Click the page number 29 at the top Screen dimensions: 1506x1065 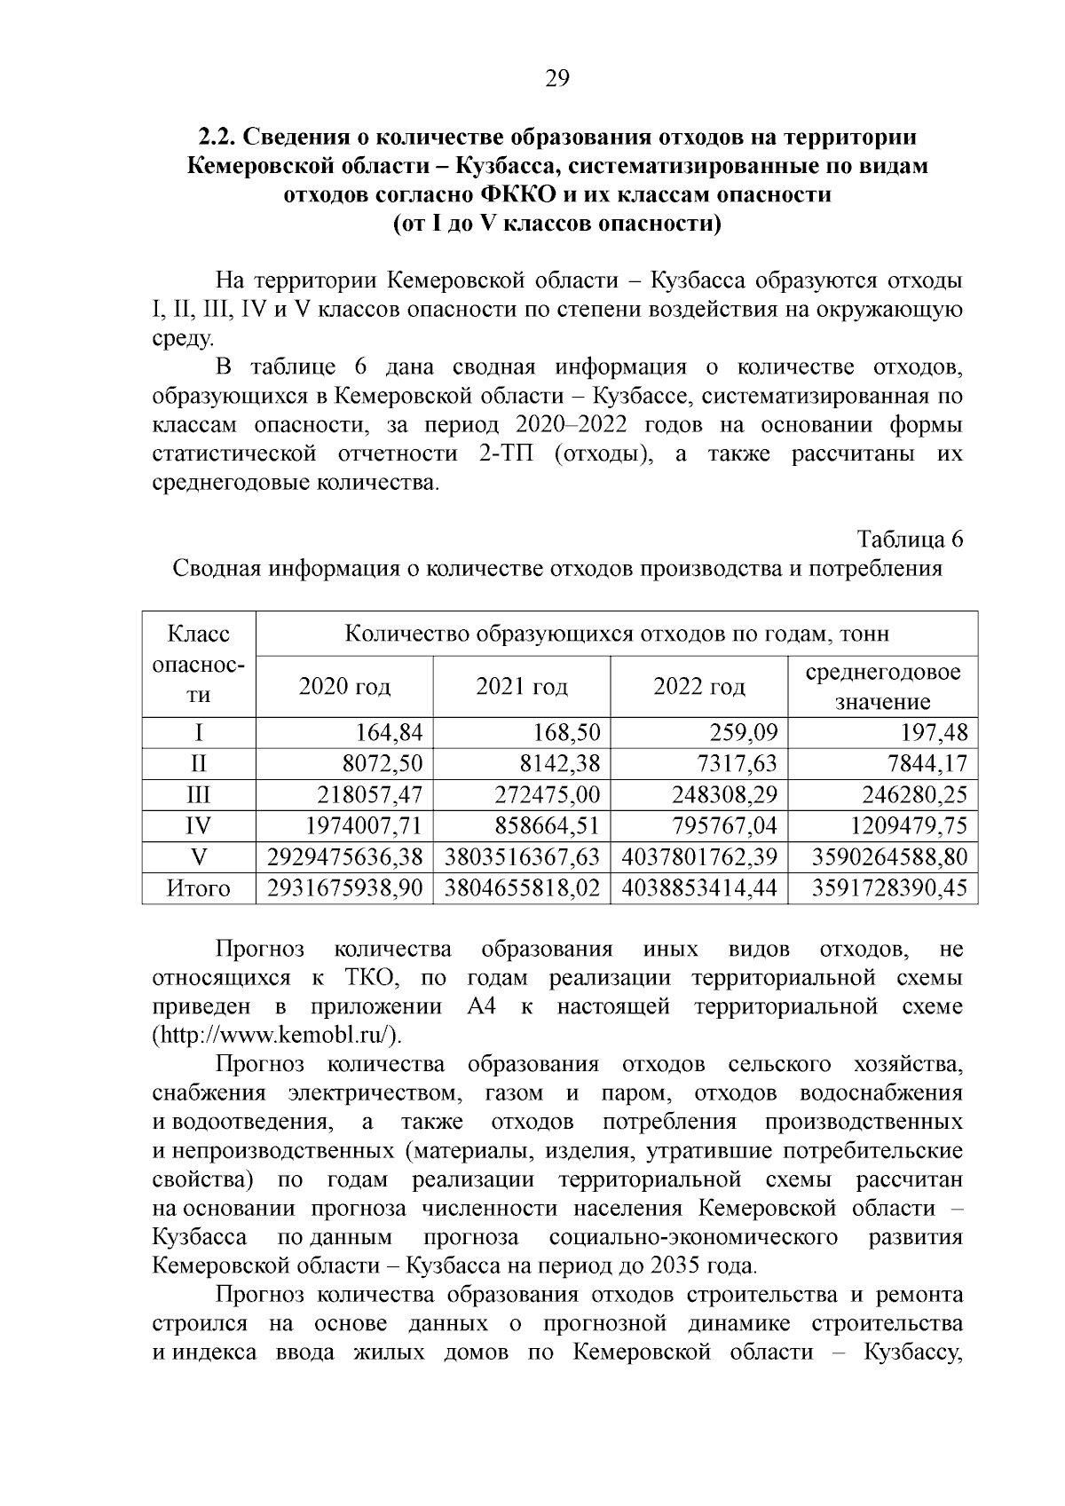(556, 79)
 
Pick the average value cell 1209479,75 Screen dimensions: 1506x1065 (908, 826)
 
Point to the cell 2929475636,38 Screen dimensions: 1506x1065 (345, 857)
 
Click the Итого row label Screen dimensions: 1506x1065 (198, 888)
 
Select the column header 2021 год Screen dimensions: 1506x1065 (522, 686)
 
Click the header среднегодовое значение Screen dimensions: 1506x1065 (882, 686)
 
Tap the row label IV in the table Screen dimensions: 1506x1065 (198, 826)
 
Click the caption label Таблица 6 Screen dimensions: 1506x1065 (910, 539)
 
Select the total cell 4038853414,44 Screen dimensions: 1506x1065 (699, 888)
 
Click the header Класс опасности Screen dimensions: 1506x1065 (199, 665)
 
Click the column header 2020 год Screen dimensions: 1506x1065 (344, 686)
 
